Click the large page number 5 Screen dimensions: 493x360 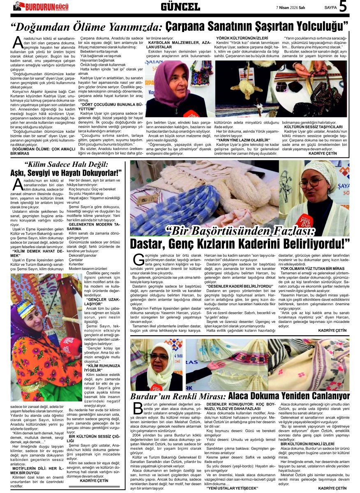click(x=344, y=7)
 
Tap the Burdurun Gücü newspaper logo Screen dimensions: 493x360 click(x=41, y=6)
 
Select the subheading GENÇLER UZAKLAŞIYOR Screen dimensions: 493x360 click(x=97, y=302)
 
